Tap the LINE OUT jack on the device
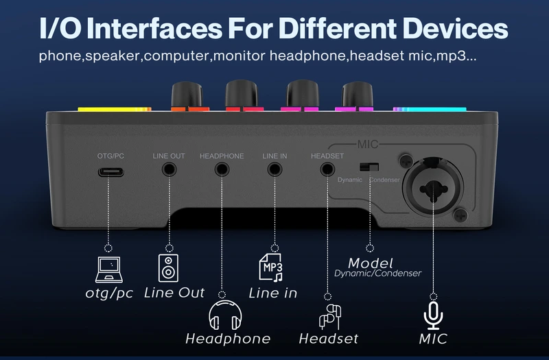point(168,169)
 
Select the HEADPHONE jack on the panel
point(222,169)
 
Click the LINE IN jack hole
point(274,169)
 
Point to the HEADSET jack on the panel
point(327,169)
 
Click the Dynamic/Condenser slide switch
point(369,167)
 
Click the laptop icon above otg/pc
point(108,269)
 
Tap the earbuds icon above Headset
point(329,317)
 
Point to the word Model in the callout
point(371,263)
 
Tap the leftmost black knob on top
point(182,94)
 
